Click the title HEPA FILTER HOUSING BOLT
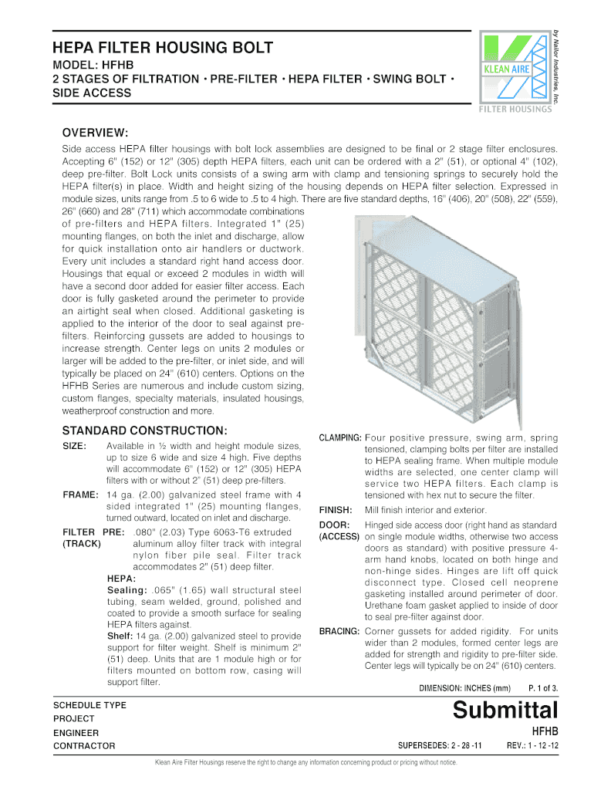[x=162, y=48]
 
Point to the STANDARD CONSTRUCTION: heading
[x=143, y=430]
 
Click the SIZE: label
[x=74, y=447]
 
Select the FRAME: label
[x=81, y=495]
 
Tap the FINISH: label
[x=336, y=510]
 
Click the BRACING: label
[x=339, y=631]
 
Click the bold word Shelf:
[x=120, y=636]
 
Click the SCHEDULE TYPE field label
[x=89, y=705]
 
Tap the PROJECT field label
[x=73, y=718]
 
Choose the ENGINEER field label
[x=76, y=732]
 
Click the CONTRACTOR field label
[x=84, y=746]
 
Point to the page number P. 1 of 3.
[x=543, y=687]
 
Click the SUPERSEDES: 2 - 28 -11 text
[x=439, y=746]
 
